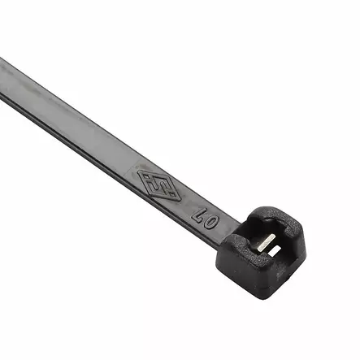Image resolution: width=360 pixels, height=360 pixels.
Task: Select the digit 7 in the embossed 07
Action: click(197, 212)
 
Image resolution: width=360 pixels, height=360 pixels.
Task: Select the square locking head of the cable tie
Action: click(265, 249)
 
